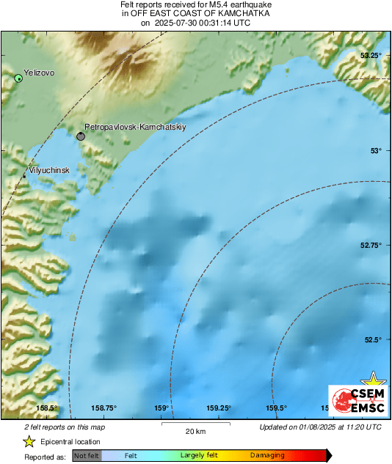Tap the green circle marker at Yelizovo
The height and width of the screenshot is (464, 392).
[x=18, y=78]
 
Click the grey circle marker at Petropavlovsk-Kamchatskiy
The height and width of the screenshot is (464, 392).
[x=81, y=136]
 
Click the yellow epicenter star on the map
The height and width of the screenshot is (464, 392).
[x=375, y=379]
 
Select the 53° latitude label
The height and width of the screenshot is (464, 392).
[x=376, y=150]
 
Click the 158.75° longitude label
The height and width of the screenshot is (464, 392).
[x=104, y=408]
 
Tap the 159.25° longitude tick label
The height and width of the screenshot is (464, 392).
[x=219, y=408]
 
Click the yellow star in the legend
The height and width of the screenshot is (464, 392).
[x=29, y=441]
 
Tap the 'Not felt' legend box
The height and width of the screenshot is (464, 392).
[x=87, y=455]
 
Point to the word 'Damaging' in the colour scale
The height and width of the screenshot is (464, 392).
[x=266, y=455]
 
